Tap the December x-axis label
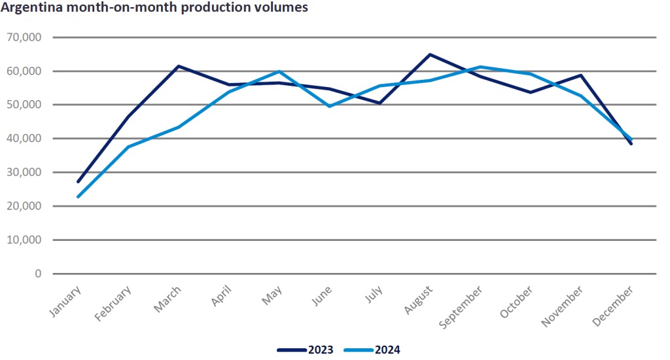point(616,302)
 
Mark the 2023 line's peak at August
point(430,54)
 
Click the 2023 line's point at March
point(179,66)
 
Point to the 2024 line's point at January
point(79,196)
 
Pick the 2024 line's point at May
point(279,71)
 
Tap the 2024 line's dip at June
point(329,106)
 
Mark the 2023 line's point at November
point(580,75)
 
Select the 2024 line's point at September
point(480,67)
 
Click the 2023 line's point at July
point(379,103)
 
